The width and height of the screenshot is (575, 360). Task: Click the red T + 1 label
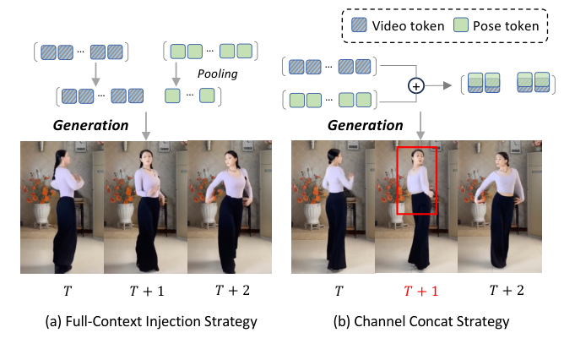pyautogui.click(x=420, y=290)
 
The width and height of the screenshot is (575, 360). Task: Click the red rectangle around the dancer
pyautogui.click(x=417, y=182)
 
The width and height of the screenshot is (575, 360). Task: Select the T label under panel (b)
pyautogui.click(x=338, y=290)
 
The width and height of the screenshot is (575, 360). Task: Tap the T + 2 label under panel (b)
pyautogui.click(x=507, y=290)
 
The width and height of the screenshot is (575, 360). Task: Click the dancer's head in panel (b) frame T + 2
pyautogui.click(x=504, y=158)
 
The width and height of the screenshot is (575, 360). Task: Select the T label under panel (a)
pyautogui.click(x=67, y=290)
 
